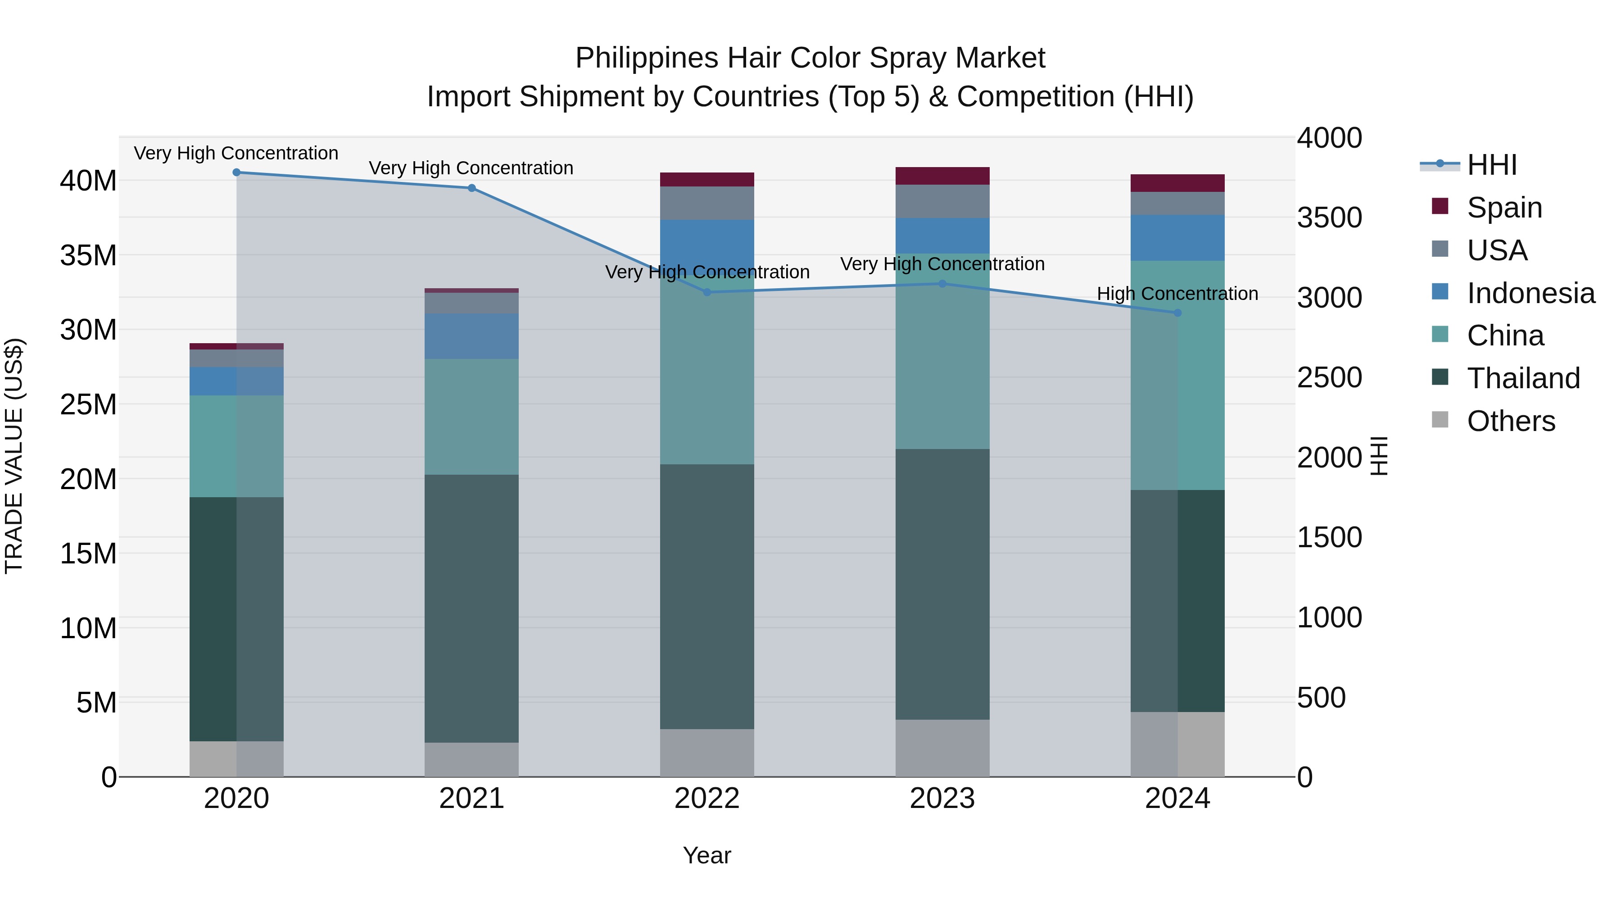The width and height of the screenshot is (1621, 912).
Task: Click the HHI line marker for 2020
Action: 236,172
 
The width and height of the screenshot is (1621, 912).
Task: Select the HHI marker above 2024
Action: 1177,313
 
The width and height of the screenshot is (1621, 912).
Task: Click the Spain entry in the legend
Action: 1504,208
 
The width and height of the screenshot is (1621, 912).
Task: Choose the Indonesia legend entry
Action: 1530,293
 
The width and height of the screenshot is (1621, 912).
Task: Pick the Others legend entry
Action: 1510,421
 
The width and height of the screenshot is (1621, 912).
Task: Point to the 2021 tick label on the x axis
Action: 471,799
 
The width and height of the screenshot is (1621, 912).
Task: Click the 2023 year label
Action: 942,799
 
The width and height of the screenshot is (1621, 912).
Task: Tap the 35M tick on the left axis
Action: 88,255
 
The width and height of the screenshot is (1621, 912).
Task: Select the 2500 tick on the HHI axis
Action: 1329,378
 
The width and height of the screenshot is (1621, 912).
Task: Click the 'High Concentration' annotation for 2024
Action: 1177,294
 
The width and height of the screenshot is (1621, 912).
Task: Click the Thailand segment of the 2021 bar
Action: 471,608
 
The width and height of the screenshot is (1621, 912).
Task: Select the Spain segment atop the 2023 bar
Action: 942,176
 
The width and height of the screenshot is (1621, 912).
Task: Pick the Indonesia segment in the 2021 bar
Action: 471,336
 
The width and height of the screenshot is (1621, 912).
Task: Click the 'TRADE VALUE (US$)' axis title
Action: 14,456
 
